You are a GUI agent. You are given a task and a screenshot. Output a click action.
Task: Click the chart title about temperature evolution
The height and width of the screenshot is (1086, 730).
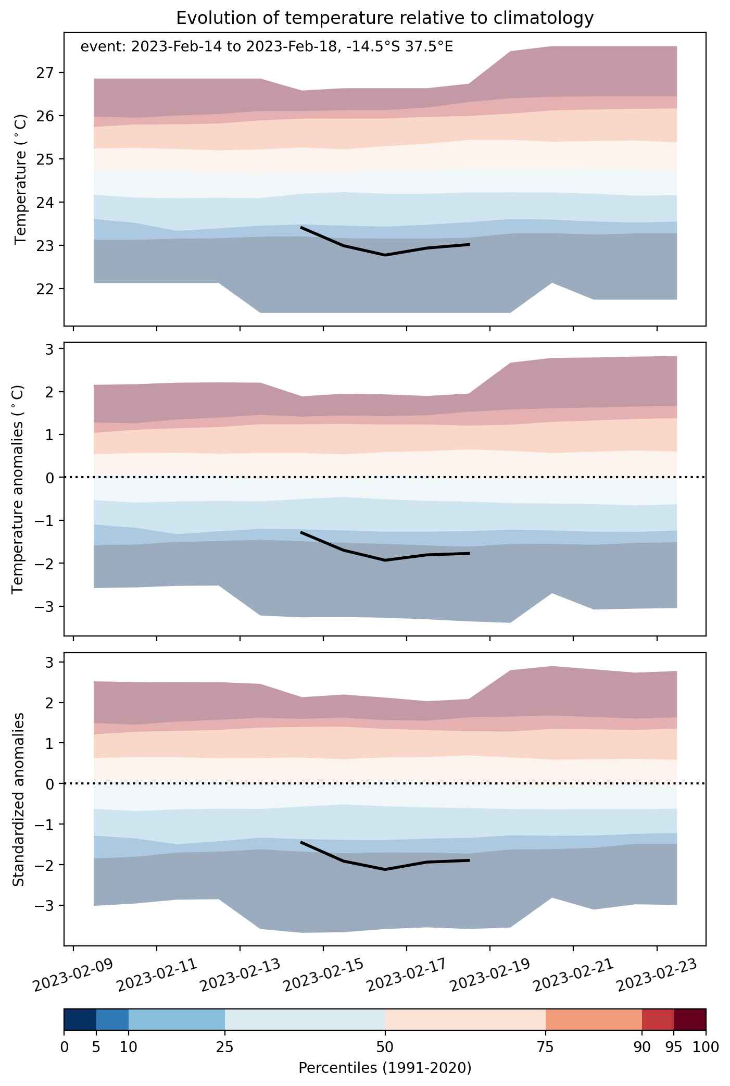tap(385, 18)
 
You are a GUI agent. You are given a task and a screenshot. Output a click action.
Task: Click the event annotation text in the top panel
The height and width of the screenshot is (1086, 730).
tap(267, 47)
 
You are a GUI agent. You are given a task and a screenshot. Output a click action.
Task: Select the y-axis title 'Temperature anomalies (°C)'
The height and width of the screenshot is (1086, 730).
tap(18, 489)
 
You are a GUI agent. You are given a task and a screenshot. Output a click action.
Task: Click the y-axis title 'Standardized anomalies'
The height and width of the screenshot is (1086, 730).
tap(18, 799)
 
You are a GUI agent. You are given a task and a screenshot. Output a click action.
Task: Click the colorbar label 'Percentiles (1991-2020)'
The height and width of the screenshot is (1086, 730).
tap(385, 1068)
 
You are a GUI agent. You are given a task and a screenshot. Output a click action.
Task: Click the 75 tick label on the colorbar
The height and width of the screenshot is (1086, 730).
tap(546, 1047)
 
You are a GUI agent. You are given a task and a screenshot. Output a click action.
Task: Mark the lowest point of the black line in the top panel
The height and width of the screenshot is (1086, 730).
tap(385, 255)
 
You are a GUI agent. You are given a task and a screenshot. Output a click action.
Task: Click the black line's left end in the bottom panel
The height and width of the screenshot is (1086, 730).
tap(301, 842)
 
